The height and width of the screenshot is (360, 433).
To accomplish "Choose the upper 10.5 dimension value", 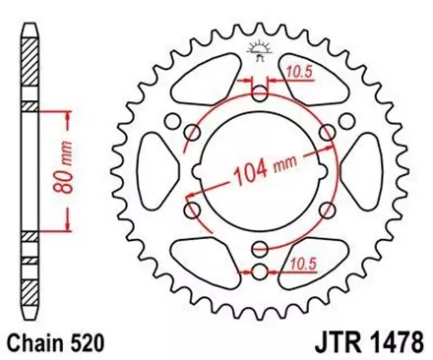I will [301, 70].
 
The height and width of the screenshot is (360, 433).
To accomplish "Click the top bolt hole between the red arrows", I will [260, 95].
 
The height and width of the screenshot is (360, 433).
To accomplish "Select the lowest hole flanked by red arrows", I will [260, 270].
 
